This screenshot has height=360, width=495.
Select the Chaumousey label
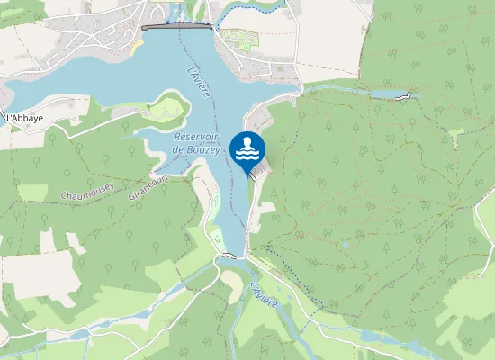pyautogui.click(x=86, y=193)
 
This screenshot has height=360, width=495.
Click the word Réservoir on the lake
pyautogui.click(x=195, y=136)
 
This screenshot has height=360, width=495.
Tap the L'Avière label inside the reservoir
pyautogui.click(x=200, y=83)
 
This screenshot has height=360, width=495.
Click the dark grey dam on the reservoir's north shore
pyautogui.click(x=176, y=27)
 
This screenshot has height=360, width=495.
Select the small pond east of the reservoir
pyautogui.click(x=389, y=94)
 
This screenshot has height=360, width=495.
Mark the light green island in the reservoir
pyautogui.click(x=166, y=111)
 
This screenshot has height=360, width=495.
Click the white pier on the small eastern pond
pyautogui.click(x=407, y=96)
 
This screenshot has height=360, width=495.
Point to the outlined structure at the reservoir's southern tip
pyautogui.click(x=231, y=256)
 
